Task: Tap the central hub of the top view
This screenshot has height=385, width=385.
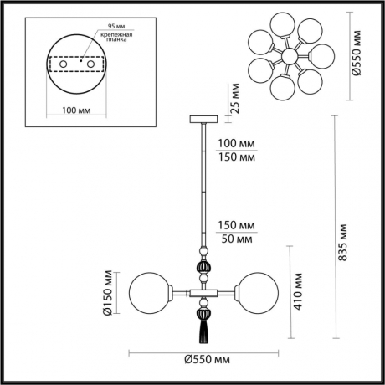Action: [x=288, y=56]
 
